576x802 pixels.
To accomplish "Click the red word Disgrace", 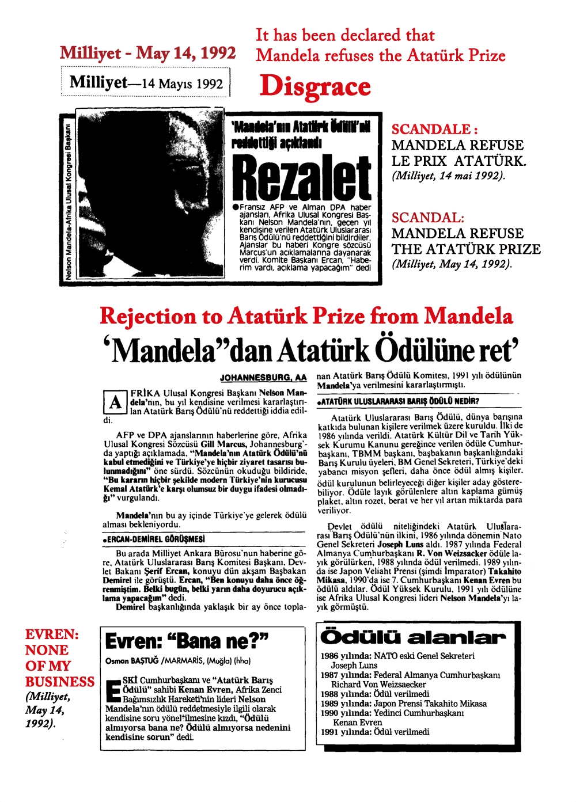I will [x=315, y=86].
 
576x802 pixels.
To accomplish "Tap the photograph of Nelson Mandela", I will [x=149, y=195].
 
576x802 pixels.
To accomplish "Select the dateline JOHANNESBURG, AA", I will [x=263, y=378].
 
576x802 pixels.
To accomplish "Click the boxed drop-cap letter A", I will [x=115, y=402].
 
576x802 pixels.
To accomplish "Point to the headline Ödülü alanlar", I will [x=412, y=637].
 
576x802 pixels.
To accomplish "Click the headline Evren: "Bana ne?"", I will [x=187, y=641].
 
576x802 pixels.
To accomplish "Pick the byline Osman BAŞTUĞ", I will [x=132, y=660].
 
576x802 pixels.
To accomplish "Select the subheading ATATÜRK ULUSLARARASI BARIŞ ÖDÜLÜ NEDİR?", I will [x=400, y=401].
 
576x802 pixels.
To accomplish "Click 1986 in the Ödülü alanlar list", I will [x=329, y=656].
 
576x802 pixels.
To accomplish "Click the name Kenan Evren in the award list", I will [x=357, y=723].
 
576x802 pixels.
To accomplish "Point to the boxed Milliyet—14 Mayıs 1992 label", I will [x=146, y=83].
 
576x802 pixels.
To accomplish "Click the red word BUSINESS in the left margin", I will [x=59, y=682].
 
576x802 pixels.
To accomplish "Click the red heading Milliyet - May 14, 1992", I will [x=147, y=54].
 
